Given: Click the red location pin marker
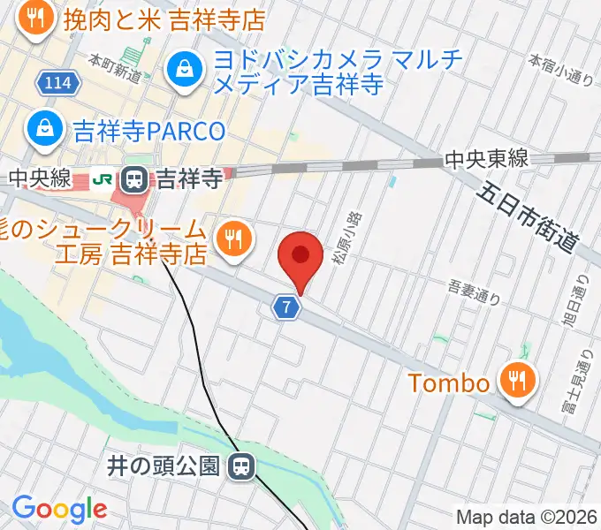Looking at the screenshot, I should point(300,257).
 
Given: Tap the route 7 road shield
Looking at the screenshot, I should point(286,307).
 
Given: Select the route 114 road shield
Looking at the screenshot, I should point(58,83).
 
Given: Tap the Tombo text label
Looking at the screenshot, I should point(448,383).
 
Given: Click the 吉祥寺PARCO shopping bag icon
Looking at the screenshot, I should point(42,130).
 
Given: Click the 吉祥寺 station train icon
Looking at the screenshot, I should point(135,180).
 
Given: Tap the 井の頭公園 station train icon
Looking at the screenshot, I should point(240,466).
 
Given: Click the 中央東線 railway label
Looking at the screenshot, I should point(487,159).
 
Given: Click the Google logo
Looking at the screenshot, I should point(59,510).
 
